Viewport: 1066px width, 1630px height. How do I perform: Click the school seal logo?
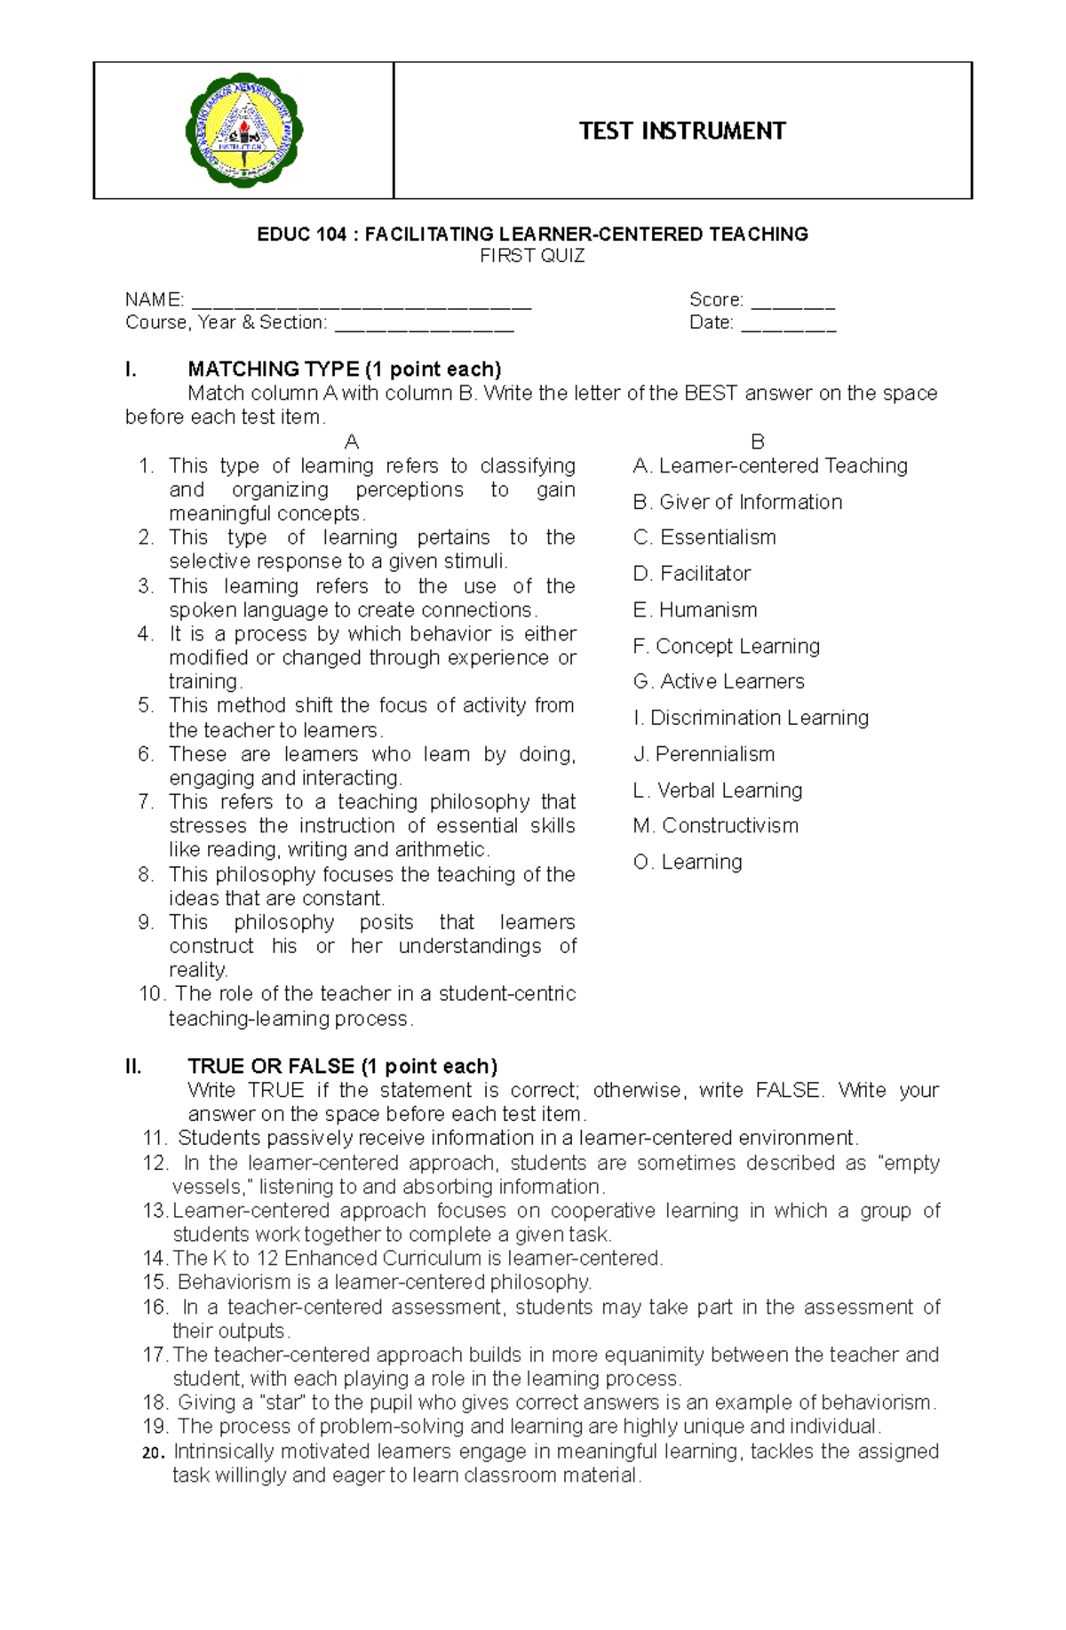[x=243, y=131]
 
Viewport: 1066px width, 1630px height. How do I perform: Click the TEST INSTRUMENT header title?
[x=682, y=131]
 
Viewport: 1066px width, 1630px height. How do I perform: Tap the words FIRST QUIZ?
[x=532, y=257]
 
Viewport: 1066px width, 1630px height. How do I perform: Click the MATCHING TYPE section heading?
[x=345, y=370]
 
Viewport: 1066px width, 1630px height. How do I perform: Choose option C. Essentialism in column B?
[x=704, y=537]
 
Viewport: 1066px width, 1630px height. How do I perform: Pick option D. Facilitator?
[x=692, y=574]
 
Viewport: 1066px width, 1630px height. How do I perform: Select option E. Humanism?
[x=696, y=610]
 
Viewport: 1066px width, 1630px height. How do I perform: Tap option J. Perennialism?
[x=704, y=754]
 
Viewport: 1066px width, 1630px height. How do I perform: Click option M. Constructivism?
[x=716, y=826]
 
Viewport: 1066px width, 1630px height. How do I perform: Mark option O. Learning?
[x=688, y=863]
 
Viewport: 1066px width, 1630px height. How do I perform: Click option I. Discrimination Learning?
[x=751, y=718]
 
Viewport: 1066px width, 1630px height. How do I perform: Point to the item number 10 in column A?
[x=151, y=994]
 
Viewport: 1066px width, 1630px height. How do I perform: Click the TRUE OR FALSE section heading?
[x=342, y=1067]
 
